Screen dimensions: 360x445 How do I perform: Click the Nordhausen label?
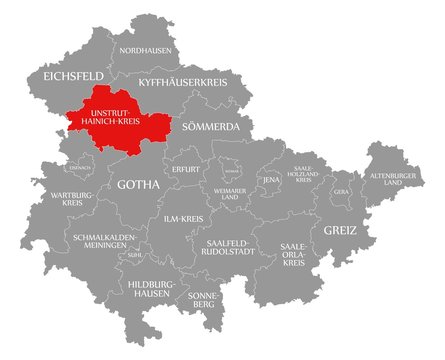(144, 49)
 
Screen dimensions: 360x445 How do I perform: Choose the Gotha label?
(139, 185)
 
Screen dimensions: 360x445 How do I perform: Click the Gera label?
(341, 190)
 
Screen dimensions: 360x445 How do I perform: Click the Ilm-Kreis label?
(183, 217)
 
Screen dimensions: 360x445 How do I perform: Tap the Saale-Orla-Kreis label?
(293, 251)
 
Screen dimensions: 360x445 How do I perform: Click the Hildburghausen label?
(151, 289)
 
